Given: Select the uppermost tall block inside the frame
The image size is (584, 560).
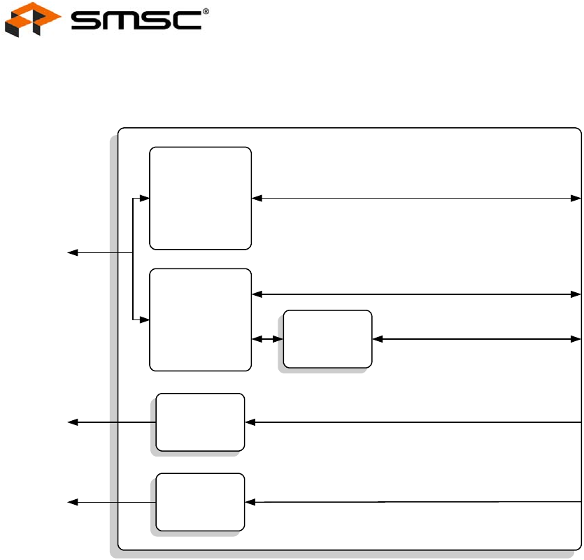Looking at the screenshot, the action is tap(201, 198).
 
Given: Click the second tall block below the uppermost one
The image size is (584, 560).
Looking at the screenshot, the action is tap(201, 319).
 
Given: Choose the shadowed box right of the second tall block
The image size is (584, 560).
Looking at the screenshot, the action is tap(327, 339).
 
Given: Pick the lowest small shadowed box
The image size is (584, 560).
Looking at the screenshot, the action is tap(200, 502).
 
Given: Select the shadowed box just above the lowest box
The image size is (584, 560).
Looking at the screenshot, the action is tap(200, 422).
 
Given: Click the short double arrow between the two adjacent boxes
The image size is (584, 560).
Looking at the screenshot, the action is tap(266, 339).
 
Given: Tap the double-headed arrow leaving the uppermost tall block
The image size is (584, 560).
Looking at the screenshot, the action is tap(416, 198).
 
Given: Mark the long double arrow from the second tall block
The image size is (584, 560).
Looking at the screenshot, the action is tap(416, 294).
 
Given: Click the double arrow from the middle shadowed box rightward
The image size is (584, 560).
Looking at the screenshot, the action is tap(477, 339).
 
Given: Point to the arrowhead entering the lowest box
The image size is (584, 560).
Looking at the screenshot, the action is tap(250, 502).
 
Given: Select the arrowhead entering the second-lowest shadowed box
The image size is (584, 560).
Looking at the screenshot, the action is tap(250, 422).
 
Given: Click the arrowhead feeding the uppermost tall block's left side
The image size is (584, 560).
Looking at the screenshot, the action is tap(145, 199).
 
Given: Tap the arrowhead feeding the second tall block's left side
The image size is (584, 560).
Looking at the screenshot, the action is tap(145, 320).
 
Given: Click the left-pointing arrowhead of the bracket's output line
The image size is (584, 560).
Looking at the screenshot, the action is tap(71, 252).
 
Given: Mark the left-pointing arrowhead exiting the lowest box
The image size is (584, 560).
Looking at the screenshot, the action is tap(71, 502).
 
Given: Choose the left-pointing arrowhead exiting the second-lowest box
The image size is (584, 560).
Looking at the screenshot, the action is tap(71, 422).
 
